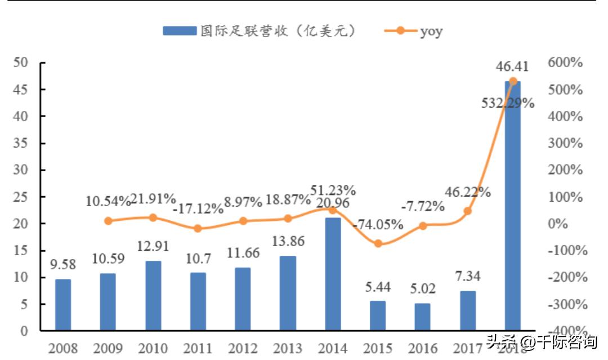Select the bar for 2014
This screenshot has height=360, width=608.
(333, 274)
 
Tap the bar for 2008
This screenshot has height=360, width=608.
(63, 304)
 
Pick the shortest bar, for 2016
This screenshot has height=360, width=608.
(423, 317)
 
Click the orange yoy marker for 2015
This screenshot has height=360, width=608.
(378, 243)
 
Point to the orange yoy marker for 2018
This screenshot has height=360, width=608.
(512, 82)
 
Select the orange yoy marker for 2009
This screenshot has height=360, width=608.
(108, 221)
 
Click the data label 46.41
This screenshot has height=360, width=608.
(512, 67)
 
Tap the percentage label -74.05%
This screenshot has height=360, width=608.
(378, 225)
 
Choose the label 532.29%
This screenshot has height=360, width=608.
(508, 103)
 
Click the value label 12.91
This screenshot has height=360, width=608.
(153, 246)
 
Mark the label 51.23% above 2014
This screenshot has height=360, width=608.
(333, 190)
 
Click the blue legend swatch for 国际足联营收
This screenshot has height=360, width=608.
(180, 30)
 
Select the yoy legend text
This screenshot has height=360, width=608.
(431, 31)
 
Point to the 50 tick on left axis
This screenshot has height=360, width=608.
(21, 63)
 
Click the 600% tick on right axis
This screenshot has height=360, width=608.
(565, 63)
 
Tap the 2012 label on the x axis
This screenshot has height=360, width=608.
(243, 347)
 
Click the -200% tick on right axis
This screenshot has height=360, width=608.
(565, 277)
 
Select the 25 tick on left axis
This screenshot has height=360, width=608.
(21, 197)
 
